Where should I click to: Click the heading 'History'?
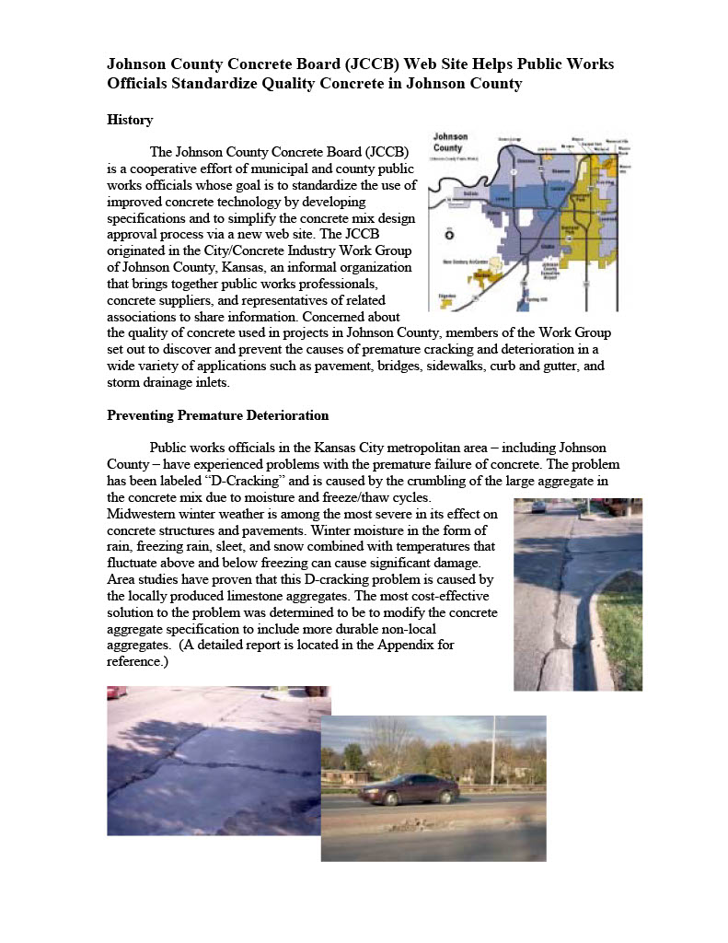point(130,121)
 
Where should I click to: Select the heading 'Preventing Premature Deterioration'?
point(217,415)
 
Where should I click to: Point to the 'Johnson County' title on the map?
point(450,143)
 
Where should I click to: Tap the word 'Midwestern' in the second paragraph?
point(141,514)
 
